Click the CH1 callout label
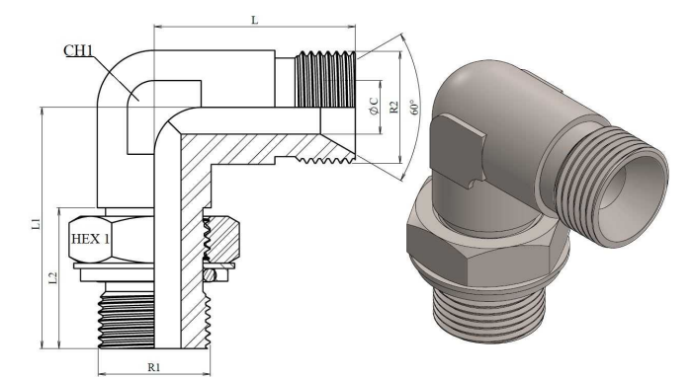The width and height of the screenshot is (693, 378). (x=78, y=50)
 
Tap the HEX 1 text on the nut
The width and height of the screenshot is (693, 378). (x=90, y=239)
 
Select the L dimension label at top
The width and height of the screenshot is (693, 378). (x=255, y=20)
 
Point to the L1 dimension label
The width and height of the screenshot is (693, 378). (x=37, y=224)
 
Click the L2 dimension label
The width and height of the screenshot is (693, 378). (x=53, y=277)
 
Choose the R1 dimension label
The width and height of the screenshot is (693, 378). (x=153, y=367)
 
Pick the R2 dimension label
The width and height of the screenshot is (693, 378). (x=393, y=108)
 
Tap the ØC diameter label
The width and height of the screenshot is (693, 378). (x=374, y=107)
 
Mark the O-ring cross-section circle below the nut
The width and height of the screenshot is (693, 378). (x=211, y=275)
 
